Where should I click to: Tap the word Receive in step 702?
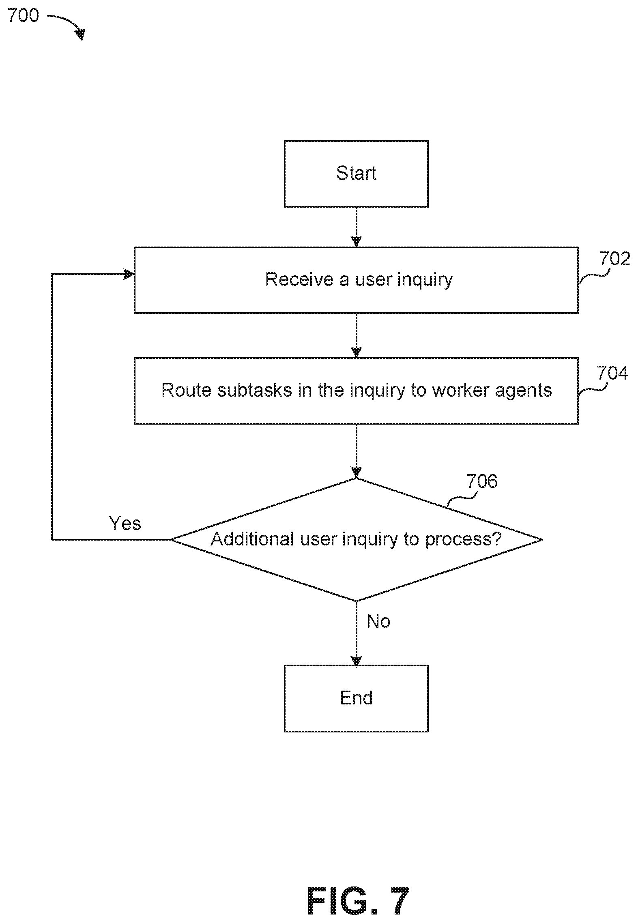coord(299,279)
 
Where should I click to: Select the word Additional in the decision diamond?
coord(252,539)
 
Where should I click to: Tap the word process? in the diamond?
coord(464,540)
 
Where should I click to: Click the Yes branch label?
coord(125,524)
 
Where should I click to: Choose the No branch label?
coord(378,621)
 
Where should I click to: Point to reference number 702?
coord(615,258)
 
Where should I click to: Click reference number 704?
coord(612,373)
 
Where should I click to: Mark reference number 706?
coord(482,481)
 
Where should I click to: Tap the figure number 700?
coord(23,15)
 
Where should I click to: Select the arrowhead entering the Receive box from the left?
coord(129,275)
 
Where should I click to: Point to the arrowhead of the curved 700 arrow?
coord(81,35)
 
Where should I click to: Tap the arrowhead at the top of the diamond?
coord(356,473)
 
